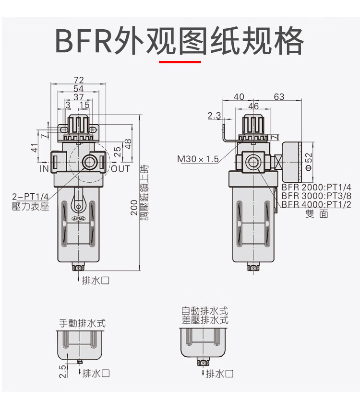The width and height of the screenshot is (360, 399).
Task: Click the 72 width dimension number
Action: click(x=79, y=80)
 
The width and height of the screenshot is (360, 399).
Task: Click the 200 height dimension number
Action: click(x=135, y=208)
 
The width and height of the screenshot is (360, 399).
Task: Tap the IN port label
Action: click(x=44, y=169)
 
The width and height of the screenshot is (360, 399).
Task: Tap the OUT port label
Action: click(x=120, y=169)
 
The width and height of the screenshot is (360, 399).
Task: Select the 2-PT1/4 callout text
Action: click(x=30, y=196)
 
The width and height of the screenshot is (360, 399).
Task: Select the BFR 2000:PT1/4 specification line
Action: click(x=316, y=187)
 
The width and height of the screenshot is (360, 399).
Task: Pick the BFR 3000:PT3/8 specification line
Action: click(x=316, y=196)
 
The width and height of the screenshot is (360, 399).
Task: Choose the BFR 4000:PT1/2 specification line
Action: click(x=316, y=204)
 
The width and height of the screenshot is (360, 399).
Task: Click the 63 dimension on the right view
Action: click(x=279, y=97)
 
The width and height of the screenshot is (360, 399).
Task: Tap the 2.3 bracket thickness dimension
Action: click(x=214, y=116)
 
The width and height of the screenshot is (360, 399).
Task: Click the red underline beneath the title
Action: click(x=180, y=61)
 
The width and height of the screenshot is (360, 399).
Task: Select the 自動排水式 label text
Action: click(x=204, y=311)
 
